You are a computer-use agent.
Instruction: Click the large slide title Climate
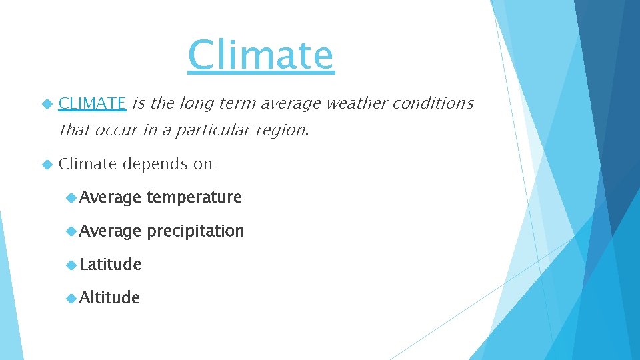coord(260,55)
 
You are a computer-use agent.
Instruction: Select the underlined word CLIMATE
coord(92,103)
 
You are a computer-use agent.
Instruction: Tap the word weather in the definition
coord(355,103)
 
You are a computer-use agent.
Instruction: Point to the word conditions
coord(433,103)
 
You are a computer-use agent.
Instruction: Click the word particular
coord(213,130)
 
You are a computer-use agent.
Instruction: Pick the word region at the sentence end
coord(283,130)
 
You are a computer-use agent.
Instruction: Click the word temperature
coord(193,197)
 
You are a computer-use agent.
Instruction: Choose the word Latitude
coord(110,265)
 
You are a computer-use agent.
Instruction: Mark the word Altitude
coord(109,298)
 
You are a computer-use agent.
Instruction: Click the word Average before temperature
coord(110,197)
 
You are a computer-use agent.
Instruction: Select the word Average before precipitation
coord(110,231)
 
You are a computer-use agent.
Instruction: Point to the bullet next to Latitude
coord(71,265)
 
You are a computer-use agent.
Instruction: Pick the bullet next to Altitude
coord(71,298)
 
